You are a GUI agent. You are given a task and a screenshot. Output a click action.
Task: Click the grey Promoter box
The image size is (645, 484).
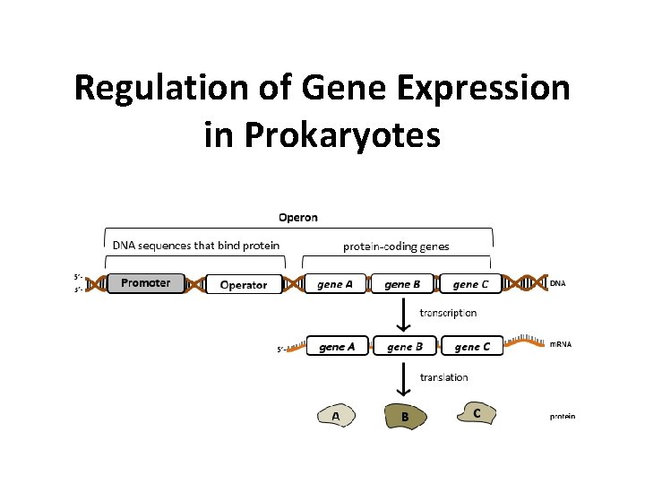pyautogui.click(x=146, y=283)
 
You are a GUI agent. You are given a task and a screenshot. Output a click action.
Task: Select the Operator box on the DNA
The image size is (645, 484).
pyautogui.click(x=243, y=285)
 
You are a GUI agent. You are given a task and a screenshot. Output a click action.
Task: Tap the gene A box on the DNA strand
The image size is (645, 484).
pyautogui.click(x=334, y=284)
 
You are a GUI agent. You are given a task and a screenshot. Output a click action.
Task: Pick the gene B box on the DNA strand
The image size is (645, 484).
pyautogui.click(x=402, y=284)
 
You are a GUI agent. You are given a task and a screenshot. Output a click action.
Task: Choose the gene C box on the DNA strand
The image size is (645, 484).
pyautogui.click(x=470, y=284)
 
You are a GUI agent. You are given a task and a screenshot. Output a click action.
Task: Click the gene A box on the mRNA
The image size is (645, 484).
pyautogui.click(x=337, y=347)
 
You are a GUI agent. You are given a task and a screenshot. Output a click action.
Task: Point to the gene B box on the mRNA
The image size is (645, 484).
pyautogui.click(x=405, y=347)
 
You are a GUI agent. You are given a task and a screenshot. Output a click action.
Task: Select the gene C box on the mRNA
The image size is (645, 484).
pyautogui.click(x=472, y=347)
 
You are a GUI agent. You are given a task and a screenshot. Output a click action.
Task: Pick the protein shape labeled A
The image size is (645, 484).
pyautogui.click(x=337, y=415)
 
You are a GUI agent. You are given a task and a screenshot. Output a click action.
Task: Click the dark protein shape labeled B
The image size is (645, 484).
pyautogui.click(x=406, y=415)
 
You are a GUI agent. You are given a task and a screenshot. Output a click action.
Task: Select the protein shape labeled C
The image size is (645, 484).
pyautogui.click(x=475, y=412)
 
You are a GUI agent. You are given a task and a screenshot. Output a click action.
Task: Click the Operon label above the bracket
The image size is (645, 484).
pyautogui.click(x=297, y=217)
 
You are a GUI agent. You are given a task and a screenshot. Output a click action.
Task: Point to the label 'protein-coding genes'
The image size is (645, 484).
pyautogui.click(x=396, y=246)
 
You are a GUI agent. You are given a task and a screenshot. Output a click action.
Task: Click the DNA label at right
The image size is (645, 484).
pyautogui.click(x=557, y=283)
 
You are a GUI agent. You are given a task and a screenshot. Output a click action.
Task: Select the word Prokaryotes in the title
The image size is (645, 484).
pyautogui.click(x=322, y=134)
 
